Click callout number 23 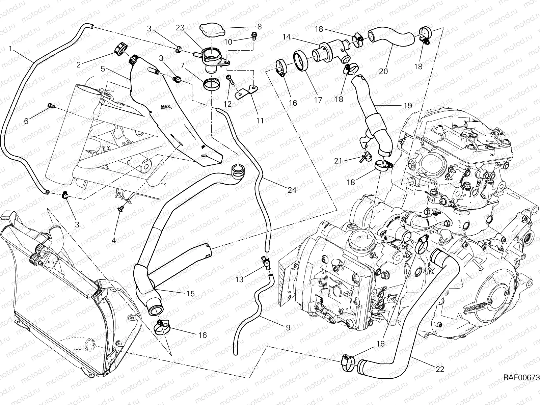[180, 28]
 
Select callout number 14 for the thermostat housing [287, 37]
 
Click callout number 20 [383, 72]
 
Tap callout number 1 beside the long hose [10, 49]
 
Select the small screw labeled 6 [51, 107]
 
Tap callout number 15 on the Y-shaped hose [190, 294]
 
